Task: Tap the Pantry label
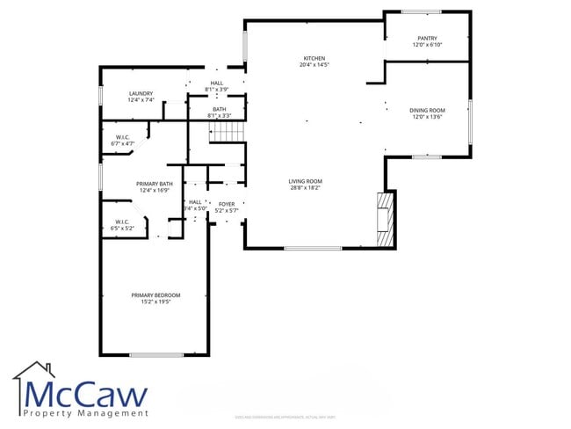428,38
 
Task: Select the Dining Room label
427,111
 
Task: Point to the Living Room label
305,181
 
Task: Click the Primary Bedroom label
155,294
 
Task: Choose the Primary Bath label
155,184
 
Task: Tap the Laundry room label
141,93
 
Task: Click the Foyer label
227,204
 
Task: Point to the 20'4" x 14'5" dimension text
314,65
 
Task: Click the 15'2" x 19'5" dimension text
155,302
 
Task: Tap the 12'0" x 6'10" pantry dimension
428,45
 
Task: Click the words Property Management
85,412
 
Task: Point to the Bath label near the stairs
219,109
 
